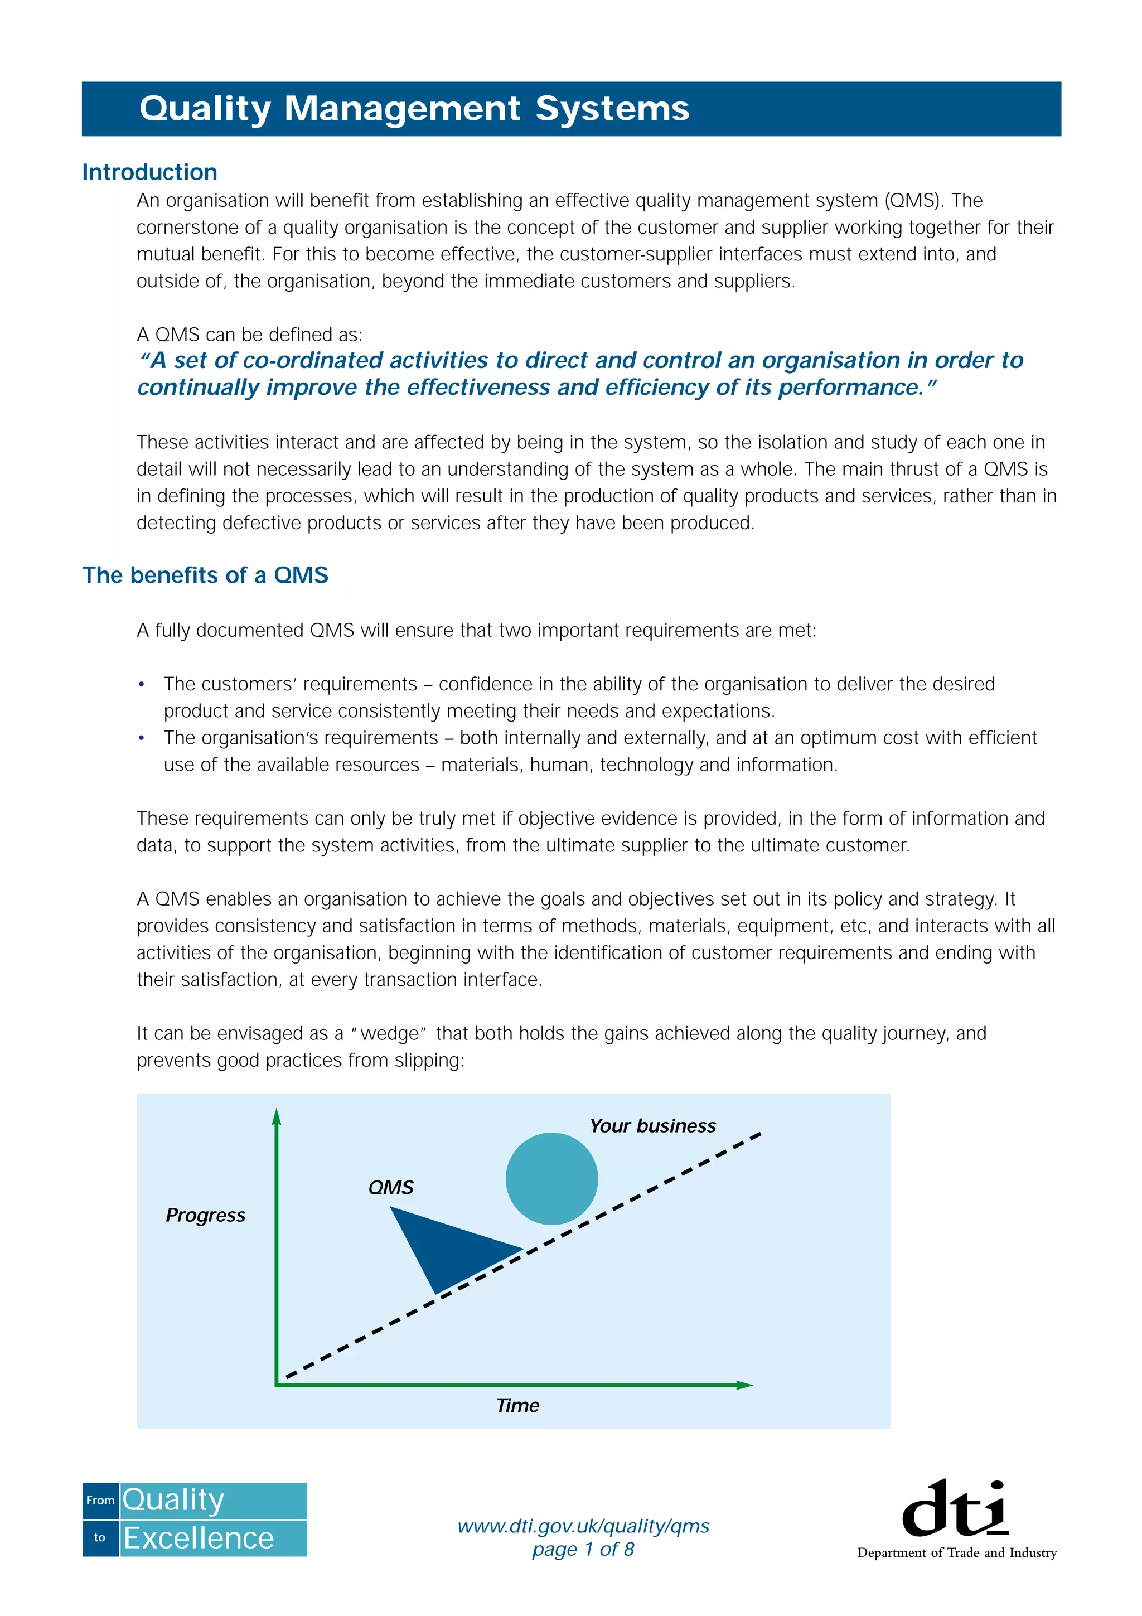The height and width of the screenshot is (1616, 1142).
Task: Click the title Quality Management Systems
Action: [414, 109]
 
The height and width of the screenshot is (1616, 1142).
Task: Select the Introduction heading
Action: [149, 172]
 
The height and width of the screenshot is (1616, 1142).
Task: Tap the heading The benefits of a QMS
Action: [205, 575]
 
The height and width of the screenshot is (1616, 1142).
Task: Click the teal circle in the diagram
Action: [551, 1178]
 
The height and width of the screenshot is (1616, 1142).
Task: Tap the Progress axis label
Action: [205, 1215]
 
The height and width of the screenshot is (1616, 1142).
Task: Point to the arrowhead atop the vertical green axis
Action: [277, 1117]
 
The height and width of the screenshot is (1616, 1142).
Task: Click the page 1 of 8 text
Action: [583, 1549]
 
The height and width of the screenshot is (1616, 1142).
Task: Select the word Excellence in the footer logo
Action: [199, 1538]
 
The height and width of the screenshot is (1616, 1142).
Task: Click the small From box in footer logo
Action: [100, 1501]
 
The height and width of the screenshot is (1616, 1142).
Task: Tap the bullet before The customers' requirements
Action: [142, 684]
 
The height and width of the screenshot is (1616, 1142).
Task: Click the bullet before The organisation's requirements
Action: [142, 738]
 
